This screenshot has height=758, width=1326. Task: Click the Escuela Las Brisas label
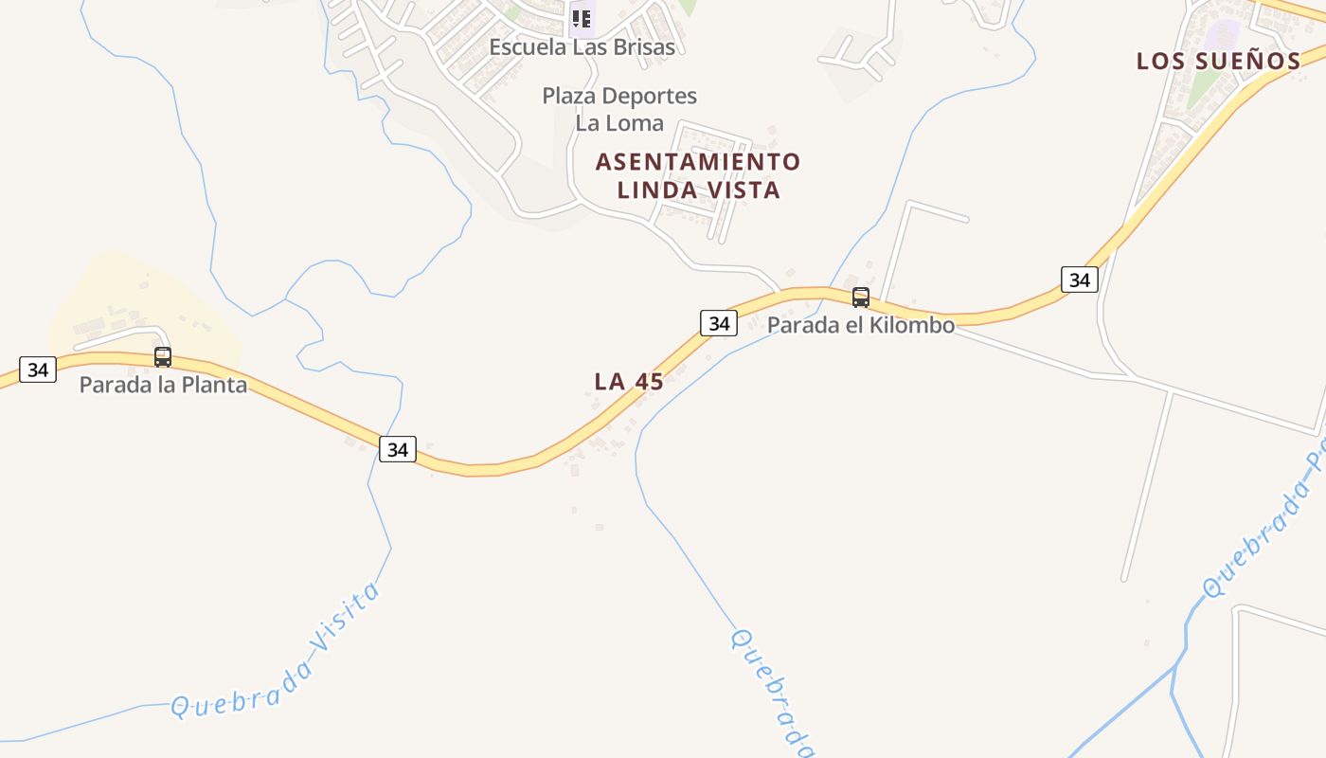pyautogui.click(x=582, y=46)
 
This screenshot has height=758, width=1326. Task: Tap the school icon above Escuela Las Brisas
pyautogui.click(x=582, y=18)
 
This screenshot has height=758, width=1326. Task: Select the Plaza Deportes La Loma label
pyautogui.click(x=619, y=109)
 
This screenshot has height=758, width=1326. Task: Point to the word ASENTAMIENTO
pyautogui.click(x=698, y=162)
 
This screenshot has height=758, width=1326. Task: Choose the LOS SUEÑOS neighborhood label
pyautogui.click(x=1218, y=62)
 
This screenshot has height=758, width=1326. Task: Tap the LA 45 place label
pyautogui.click(x=629, y=382)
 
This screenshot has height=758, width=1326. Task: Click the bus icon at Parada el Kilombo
pyautogui.click(x=860, y=298)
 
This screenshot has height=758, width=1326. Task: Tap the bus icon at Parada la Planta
pyautogui.click(x=163, y=357)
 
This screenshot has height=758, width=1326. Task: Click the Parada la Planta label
pyautogui.click(x=163, y=385)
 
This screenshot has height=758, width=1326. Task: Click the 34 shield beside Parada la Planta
pyautogui.click(x=38, y=370)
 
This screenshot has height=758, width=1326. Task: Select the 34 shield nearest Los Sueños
pyautogui.click(x=1079, y=280)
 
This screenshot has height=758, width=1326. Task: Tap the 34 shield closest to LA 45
pyautogui.click(x=719, y=323)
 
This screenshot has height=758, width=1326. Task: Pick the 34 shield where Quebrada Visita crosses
pyautogui.click(x=398, y=449)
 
